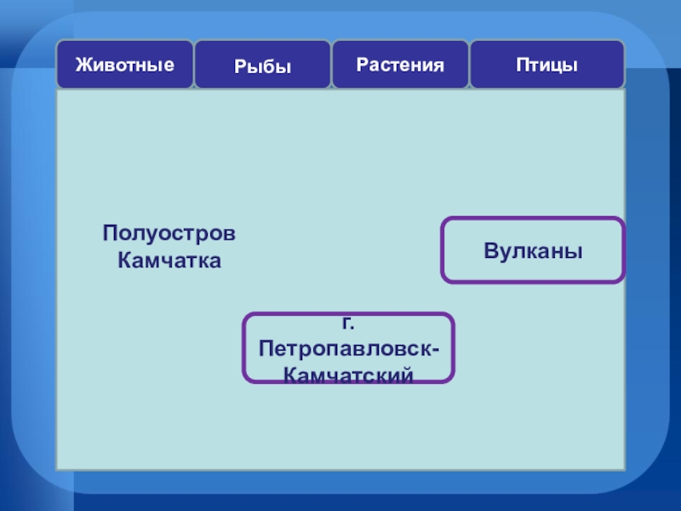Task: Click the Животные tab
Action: tap(125, 64)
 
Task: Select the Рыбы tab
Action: tap(262, 66)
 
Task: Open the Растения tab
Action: tap(400, 64)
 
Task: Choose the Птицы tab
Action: tap(547, 64)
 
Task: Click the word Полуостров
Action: tap(169, 233)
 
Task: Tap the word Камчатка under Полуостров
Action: tap(169, 260)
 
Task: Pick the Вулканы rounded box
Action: tap(533, 250)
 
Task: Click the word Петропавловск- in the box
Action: tap(350, 350)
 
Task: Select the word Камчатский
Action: tap(348, 375)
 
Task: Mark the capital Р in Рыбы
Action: tap(240, 66)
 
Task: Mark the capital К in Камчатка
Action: tap(124, 260)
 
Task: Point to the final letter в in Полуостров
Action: tap(230, 234)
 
